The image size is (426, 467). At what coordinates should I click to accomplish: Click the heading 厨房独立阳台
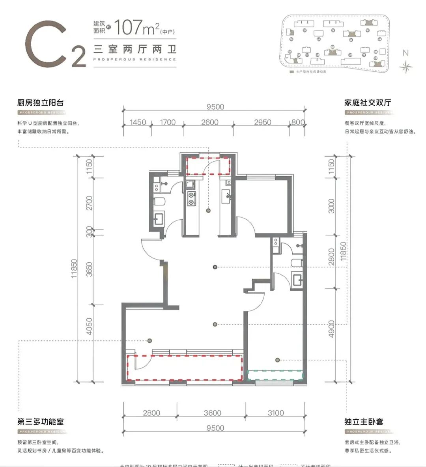(40, 103)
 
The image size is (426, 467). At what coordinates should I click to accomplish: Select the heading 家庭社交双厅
(367, 103)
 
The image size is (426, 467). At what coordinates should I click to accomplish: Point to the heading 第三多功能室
(40, 421)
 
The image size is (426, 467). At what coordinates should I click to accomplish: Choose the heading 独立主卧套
(363, 421)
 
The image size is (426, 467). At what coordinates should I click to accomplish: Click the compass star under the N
(405, 67)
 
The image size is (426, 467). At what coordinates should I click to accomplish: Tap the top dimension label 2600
(209, 122)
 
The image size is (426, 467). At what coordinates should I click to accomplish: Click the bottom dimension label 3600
(212, 413)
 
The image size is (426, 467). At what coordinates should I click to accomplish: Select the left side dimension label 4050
(90, 327)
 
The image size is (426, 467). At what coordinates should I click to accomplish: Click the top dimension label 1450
(138, 122)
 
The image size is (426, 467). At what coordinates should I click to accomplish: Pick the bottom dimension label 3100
(275, 413)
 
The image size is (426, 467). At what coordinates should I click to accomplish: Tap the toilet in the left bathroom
(159, 202)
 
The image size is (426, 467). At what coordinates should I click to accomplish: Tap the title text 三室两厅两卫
(135, 50)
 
